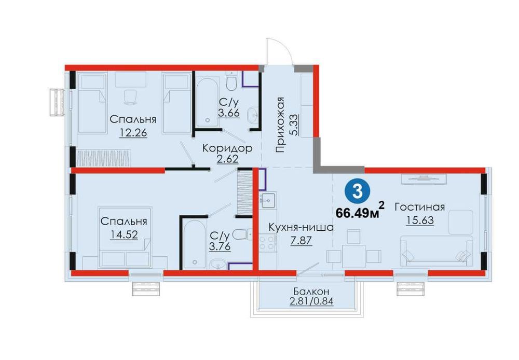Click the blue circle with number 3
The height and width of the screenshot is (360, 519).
coord(357,191)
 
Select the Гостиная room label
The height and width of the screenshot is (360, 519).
coord(419,207)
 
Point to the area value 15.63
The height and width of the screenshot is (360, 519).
coord(420,220)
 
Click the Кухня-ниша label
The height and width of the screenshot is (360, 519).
coord(301,228)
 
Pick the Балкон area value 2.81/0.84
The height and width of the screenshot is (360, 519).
coord(311,301)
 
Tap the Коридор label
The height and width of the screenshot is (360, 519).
coord(227,148)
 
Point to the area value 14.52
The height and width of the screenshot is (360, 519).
coord(124,234)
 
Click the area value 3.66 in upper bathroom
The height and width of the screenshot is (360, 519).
coord(228,113)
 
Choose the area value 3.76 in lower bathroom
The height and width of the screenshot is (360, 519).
coord(220,246)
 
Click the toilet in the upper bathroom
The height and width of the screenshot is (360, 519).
coord(231,81)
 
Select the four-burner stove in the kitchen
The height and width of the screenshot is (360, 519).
coord(267,242)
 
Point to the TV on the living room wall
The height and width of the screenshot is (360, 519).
coord(424,178)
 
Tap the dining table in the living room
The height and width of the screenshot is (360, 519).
coord(354,256)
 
